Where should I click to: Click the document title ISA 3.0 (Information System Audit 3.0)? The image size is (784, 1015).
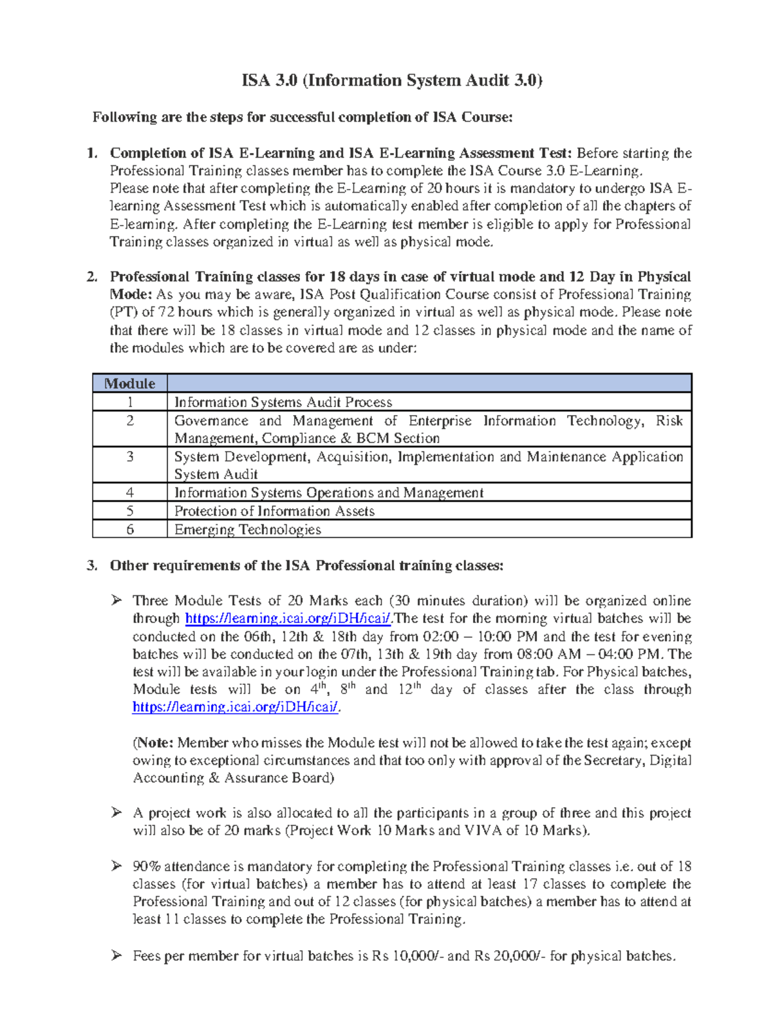392,80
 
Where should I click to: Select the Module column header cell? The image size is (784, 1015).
129,384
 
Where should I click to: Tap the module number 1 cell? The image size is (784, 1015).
129,402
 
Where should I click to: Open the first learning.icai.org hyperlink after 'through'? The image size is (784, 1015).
288,619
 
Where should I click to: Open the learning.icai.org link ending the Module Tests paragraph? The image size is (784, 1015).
235,707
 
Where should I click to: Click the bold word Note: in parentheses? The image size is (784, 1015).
155,743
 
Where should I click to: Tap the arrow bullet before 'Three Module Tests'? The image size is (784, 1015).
116,601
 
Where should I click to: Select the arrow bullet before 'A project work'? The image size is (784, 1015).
116,813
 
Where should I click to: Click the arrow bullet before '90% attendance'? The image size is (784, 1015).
116,867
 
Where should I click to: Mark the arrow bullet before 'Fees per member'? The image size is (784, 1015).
116,956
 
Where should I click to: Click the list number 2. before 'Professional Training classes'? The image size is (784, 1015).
92,277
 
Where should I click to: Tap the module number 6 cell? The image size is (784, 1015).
129,529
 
